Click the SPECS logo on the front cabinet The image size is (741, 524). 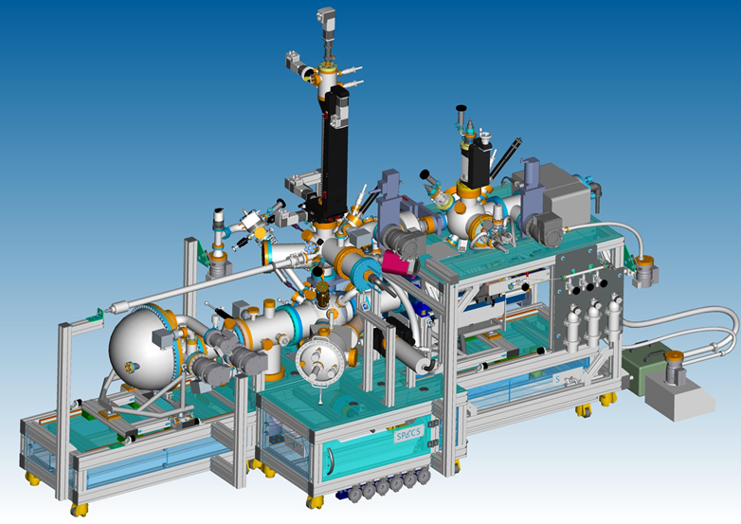tap(407, 434)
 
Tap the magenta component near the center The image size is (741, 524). tap(398, 262)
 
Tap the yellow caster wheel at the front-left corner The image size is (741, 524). tap(79, 510)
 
